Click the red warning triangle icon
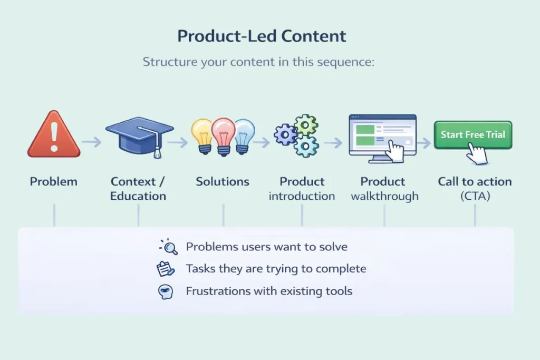coord(54,136)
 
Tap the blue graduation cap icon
coord(139,132)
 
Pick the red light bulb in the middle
coord(223,134)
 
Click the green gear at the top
coord(306,125)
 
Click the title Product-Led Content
coord(262,36)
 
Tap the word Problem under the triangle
coord(54,182)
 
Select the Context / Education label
coord(138,189)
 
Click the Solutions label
coord(223,182)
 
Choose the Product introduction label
coord(302,189)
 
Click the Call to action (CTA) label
coord(475,189)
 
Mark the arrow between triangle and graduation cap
coord(92,142)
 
